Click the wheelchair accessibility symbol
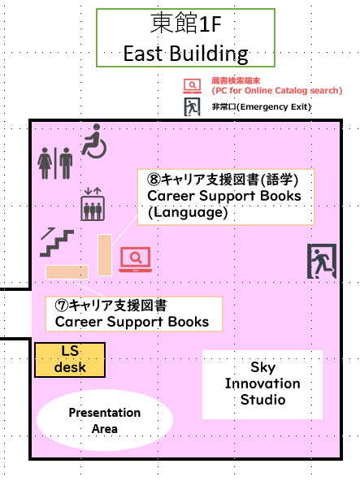[94, 141]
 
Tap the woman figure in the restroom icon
[46, 163]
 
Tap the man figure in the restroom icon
[66, 163]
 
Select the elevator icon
[93, 204]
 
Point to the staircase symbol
[57, 242]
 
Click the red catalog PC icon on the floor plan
[136, 259]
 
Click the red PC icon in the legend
[193, 86]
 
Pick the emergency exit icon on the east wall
[322, 261]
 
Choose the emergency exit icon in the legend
[192, 106]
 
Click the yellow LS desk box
[70, 360]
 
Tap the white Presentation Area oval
[105, 420]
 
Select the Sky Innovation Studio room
[262, 384]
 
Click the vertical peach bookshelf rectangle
[105, 255]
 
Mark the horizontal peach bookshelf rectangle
[67, 272]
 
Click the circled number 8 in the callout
[154, 180]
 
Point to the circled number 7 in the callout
[62, 305]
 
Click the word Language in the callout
[188, 212]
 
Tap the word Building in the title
[209, 54]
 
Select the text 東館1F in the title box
[185, 24]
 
